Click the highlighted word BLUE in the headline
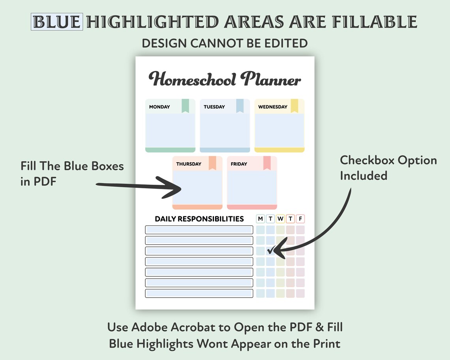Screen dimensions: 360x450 click(57, 22)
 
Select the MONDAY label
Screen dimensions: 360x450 click(159, 107)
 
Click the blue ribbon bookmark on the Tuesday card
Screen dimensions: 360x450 click(240, 106)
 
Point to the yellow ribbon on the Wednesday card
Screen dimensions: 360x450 click(294, 106)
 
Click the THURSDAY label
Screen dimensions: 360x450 click(189, 164)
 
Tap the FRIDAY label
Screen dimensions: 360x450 click(239, 164)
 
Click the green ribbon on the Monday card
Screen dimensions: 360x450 click(185, 106)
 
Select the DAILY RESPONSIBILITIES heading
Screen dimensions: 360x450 click(199, 219)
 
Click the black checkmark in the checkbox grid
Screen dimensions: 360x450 click(270, 250)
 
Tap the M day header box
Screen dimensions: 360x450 click(261, 219)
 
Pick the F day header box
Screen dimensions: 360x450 click(300, 219)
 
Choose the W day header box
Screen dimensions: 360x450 click(280, 219)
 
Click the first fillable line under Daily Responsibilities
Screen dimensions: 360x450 click(199, 230)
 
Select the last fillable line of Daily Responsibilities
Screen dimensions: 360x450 click(199, 294)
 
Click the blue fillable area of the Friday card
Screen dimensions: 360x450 click(252, 187)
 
